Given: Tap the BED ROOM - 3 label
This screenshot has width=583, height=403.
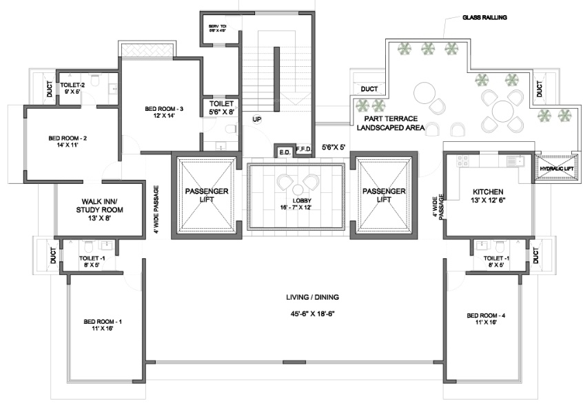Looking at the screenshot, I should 164,109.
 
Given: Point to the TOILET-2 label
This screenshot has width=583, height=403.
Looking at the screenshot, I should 70,85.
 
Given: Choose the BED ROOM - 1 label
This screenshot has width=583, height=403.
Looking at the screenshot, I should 103,322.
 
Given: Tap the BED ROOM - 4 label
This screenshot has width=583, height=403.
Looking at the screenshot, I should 487,316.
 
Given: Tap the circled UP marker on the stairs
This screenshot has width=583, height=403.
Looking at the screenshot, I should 256,119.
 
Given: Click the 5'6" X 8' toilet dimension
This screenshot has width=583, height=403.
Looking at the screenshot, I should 222,110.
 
